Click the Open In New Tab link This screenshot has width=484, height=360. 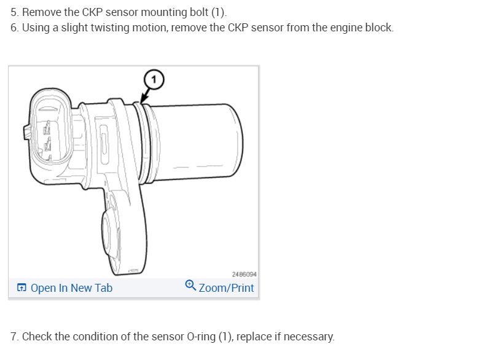tap(71, 288)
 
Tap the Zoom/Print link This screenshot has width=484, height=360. tap(226, 288)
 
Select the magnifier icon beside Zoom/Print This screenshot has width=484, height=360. tap(190, 286)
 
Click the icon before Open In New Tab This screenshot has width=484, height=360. tap(21, 288)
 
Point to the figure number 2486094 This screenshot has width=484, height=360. tap(244, 274)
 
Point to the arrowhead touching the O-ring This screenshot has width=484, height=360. tap(142, 101)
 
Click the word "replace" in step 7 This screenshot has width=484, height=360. tap(253, 337)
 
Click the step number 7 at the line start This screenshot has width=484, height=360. tap(14, 337)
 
